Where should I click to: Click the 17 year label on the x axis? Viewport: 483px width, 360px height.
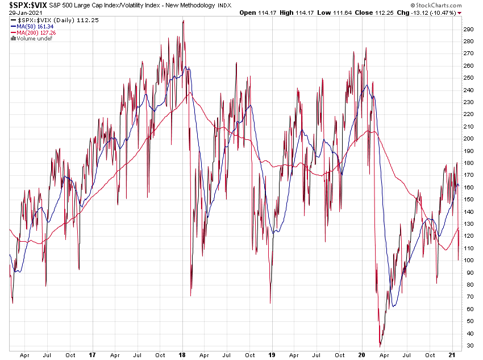click(93, 355)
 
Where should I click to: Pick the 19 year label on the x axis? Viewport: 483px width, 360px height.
click(273, 355)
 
